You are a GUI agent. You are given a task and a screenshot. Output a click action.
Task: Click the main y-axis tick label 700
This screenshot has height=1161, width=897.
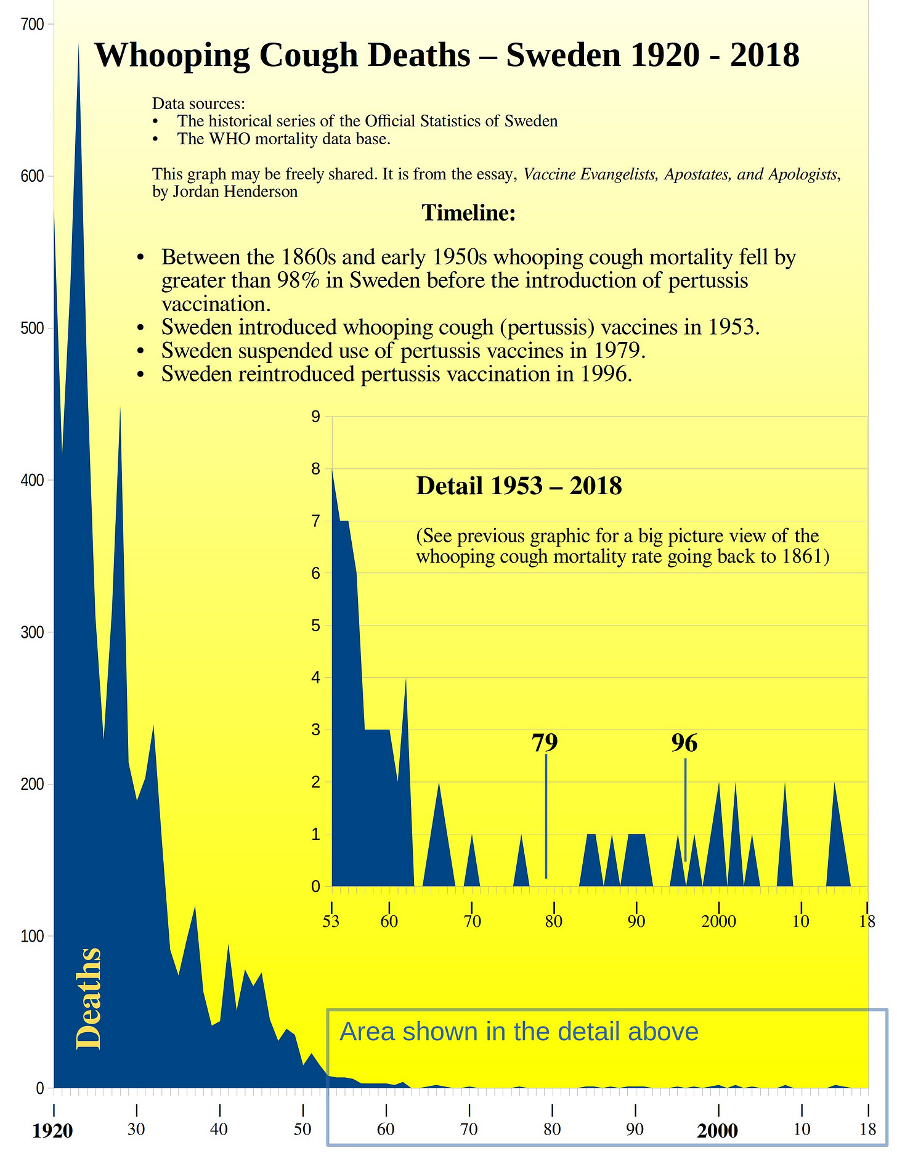click(x=32, y=24)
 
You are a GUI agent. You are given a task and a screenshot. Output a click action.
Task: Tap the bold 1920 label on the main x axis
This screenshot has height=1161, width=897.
click(x=52, y=1131)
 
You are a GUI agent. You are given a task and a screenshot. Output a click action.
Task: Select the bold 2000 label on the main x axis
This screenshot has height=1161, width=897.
click(x=718, y=1131)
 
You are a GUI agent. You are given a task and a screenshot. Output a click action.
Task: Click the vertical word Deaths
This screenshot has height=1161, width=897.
click(x=89, y=998)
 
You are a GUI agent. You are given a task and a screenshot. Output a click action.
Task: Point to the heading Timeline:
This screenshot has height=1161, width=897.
click(x=468, y=213)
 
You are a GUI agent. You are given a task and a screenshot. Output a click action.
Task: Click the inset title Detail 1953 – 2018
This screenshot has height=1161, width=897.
click(x=519, y=486)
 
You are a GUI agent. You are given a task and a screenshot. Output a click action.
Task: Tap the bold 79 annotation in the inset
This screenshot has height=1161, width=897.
click(x=545, y=743)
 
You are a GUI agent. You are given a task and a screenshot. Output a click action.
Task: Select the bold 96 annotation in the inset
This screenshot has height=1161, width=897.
click(x=684, y=743)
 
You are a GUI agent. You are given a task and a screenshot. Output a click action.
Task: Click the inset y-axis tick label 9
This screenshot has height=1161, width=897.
click(x=316, y=417)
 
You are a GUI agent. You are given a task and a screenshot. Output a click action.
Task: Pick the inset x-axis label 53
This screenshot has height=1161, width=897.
click(x=331, y=923)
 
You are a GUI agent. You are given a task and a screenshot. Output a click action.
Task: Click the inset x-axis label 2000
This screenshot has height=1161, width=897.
click(x=718, y=923)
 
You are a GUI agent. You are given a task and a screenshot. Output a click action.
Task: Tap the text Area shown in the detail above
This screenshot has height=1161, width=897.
click(x=519, y=1032)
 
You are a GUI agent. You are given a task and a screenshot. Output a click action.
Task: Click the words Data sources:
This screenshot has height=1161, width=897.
click(x=198, y=104)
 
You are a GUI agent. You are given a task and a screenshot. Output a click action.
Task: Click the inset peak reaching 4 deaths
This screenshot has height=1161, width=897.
click(x=405, y=680)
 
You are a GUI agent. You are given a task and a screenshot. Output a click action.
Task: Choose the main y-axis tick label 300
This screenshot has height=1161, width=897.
click(x=32, y=632)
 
